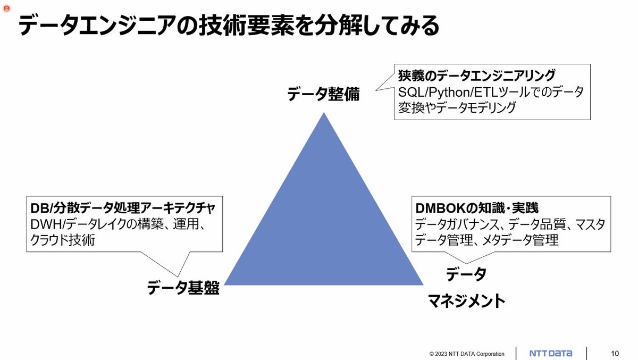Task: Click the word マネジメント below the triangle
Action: pyautogui.click(x=467, y=301)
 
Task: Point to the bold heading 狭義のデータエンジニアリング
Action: pyautogui.click(x=477, y=75)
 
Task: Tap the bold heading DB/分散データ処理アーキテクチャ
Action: pyautogui.click(x=123, y=208)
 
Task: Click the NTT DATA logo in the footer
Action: pyautogui.click(x=551, y=354)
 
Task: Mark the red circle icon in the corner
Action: pyautogui.click(x=7, y=9)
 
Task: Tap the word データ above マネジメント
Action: pyautogui.click(x=466, y=274)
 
